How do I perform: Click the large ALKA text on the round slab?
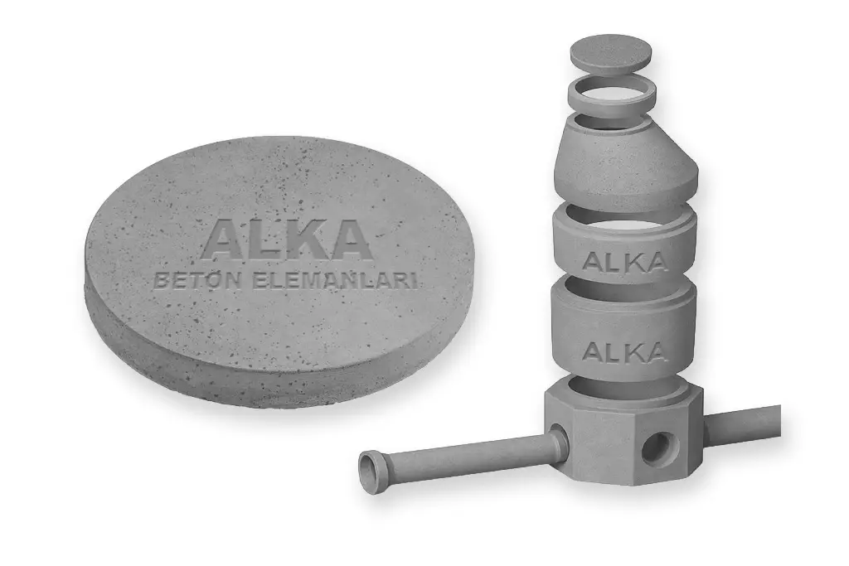tap(286, 239)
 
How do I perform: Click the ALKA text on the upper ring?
tap(624, 262)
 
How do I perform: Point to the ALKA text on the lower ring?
tap(624, 351)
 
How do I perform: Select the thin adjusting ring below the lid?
tap(613, 94)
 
